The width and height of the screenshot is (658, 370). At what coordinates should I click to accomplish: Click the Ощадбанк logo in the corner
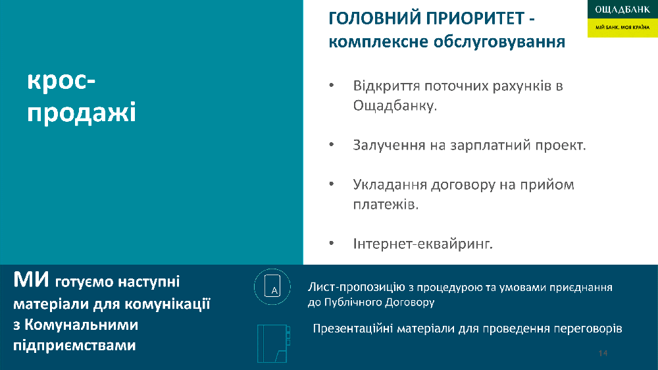622,18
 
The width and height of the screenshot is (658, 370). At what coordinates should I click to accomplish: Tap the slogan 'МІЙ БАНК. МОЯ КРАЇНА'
622,27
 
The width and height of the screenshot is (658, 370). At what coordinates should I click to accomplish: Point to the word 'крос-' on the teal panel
61,80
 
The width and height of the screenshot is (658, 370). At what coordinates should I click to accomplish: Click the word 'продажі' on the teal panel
82,113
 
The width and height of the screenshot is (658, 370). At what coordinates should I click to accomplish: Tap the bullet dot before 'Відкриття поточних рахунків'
332,85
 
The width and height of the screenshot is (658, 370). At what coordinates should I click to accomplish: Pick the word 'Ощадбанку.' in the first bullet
394,105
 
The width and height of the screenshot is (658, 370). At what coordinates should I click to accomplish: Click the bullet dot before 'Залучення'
332,144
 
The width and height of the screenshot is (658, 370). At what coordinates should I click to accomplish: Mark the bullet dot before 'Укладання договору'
332,184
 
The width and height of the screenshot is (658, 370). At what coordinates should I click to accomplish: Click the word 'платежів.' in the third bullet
386,205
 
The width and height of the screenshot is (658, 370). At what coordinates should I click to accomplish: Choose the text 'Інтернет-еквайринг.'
422,244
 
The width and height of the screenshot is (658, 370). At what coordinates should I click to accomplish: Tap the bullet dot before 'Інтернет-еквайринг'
332,243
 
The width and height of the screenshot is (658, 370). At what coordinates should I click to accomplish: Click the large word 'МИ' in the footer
31,280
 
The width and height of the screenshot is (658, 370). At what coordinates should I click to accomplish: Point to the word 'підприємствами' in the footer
75,345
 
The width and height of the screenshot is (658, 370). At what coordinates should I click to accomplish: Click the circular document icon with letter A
272,286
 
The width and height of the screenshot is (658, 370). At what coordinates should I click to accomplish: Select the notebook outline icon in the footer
273,343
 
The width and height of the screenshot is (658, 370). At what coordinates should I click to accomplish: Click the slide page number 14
603,353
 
